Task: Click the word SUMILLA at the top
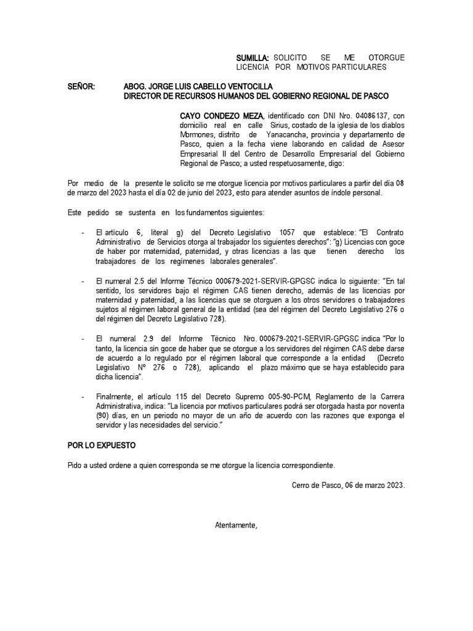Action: tap(253, 57)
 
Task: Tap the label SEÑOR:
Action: tap(81, 87)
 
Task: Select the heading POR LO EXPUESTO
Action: tap(101, 445)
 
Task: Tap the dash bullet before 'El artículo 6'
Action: tap(83, 233)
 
